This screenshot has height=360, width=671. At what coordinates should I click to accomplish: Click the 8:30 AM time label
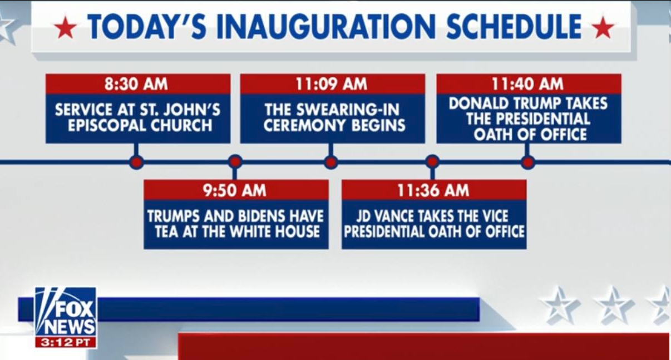pyautogui.click(x=136, y=84)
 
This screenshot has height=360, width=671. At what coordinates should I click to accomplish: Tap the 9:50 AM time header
pyautogui.click(x=235, y=190)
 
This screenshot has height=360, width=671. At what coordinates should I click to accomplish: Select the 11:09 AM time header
pyautogui.click(x=331, y=84)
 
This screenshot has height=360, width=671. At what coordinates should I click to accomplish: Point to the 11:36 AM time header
pyautogui.click(x=433, y=190)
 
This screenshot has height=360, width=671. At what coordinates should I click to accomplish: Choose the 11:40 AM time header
pyautogui.click(x=527, y=84)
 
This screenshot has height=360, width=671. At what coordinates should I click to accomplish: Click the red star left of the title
pyautogui.click(x=65, y=27)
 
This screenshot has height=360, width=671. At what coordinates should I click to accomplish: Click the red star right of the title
pyautogui.click(x=603, y=27)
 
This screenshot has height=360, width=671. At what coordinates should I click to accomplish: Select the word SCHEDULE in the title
pyautogui.click(x=514, y=27)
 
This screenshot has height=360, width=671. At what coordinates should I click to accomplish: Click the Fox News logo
pyautogui.click(x=66, y=312)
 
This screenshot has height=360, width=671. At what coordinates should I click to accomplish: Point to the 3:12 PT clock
pyautogui.click(x=66, y=342)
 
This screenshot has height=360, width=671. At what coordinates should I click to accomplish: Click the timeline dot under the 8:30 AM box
pyautogui.click(x=136, y=162)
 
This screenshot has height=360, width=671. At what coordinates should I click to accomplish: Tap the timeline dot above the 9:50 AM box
pyautogui.click(x=235, y=162)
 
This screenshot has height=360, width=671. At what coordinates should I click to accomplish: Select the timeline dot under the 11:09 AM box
pyautogui.click(x=331, y=162)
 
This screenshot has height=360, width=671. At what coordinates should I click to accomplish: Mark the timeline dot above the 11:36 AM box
pyautogui.click(x=432, y=162)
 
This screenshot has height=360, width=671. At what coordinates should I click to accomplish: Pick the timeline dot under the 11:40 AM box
pyautogui.click(x=527, y=162)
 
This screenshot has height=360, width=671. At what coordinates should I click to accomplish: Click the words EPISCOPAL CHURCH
pyautogui.click(x=140, y=125)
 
